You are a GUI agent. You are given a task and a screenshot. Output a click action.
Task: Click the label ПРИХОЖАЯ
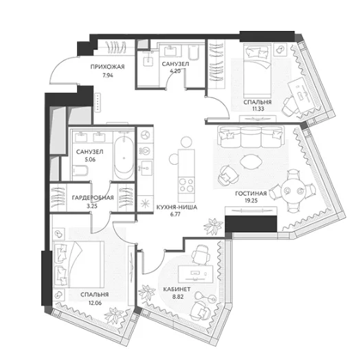[107, 67]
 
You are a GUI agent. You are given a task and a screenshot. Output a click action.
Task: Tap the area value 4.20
[175, 71]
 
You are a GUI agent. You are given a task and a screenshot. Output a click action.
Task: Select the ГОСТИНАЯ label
[251, 194]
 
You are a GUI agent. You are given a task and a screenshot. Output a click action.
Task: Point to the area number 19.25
[251, 201]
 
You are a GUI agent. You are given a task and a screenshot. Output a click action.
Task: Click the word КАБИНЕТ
[177, 289]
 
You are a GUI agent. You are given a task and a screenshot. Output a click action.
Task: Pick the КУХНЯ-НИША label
[177, 207]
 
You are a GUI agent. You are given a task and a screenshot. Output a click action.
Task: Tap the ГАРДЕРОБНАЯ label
[93, 198]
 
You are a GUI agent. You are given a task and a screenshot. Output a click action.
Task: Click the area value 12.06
[95, 303]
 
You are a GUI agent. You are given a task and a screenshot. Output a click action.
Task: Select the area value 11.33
[258, 109]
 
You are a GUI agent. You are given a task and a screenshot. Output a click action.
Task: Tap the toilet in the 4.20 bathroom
[194, 52]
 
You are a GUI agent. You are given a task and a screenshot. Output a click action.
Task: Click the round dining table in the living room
[293, 191]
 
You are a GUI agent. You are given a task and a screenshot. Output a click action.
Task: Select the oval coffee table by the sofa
[251, 161]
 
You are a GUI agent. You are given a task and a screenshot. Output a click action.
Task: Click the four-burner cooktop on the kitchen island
[186, 185]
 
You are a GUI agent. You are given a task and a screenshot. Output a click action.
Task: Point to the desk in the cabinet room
[195, 274]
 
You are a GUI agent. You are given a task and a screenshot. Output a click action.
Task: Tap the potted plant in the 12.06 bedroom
[114, 316]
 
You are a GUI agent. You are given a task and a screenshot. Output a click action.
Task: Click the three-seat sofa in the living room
[251, 137]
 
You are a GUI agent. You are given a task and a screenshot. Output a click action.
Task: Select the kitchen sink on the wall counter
[146, 168]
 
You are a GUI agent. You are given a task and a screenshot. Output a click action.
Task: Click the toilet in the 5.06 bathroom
[80, 172]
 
